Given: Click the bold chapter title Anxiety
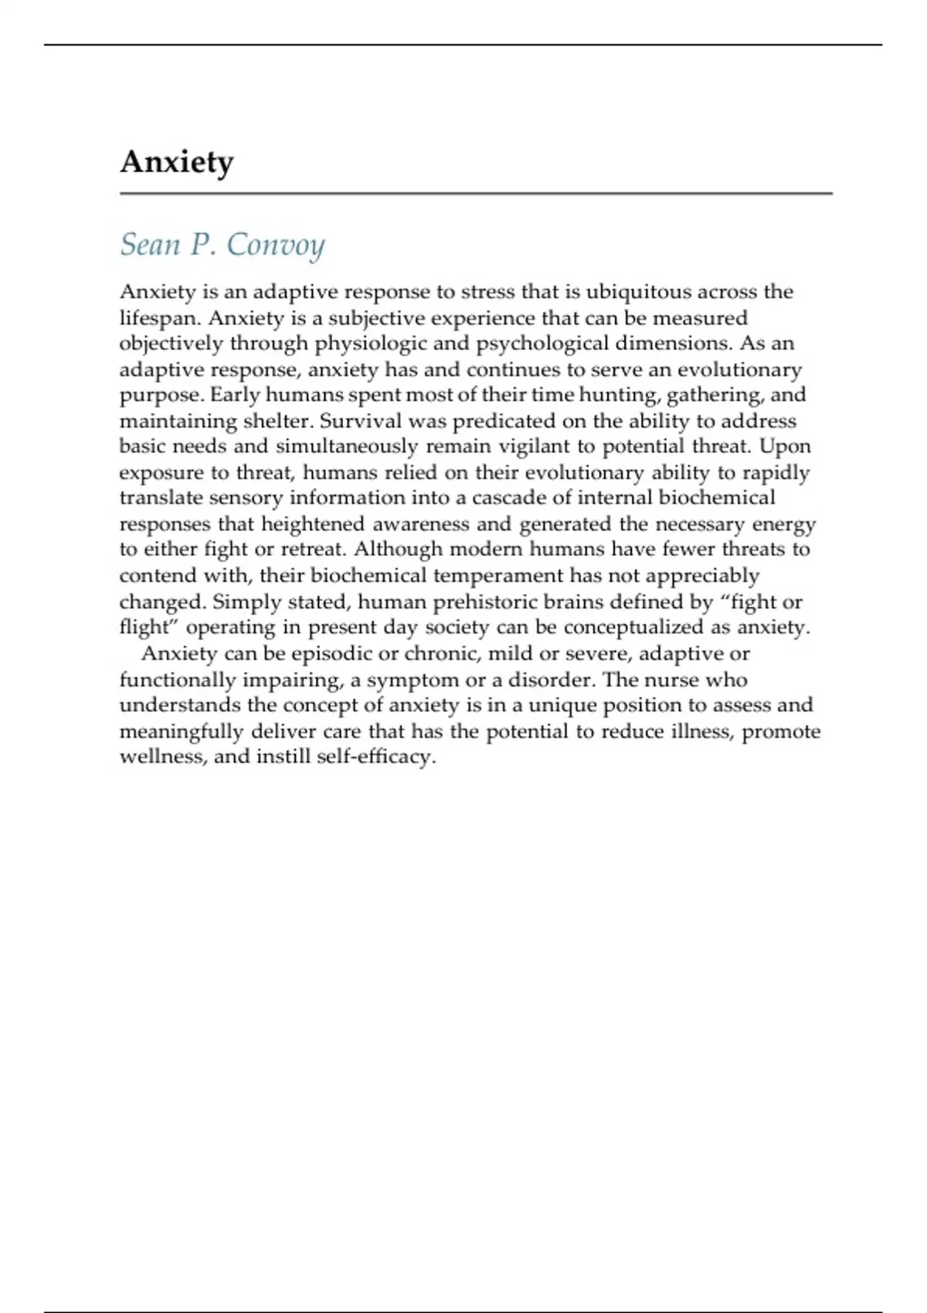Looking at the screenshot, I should [x=176, y=163].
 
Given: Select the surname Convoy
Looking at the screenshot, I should [x=275, y=245].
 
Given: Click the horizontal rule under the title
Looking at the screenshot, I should [x=476, y=193].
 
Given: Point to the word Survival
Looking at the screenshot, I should [x=362, y=421].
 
